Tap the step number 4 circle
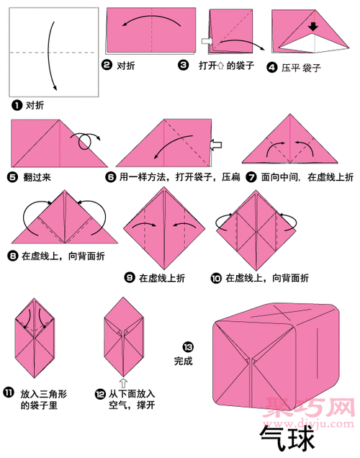tap(271, 68)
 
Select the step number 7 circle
tap(251, 176)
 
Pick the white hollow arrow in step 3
tap(205, 43)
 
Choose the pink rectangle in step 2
tap(151, 32)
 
